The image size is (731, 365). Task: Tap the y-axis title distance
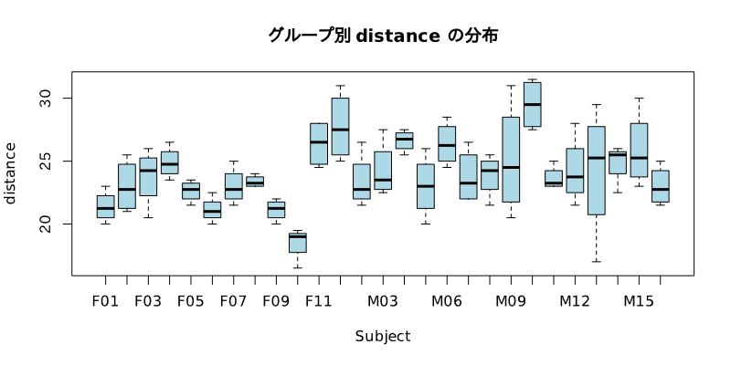tap(10, 173)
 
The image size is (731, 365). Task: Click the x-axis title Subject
tap(383, 336)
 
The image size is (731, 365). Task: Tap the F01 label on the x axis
tap(105, 300)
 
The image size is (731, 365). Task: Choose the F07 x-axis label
tap(233, 300)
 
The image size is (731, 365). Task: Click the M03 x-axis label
tap(383, 300)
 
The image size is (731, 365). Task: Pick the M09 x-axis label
tap(511, 300)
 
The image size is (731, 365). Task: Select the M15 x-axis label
tap(639, 300)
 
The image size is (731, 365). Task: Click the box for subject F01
tap(105, 206)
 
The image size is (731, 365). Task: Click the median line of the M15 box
tap(639, 158)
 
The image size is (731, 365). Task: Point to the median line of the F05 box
tap(191, 189)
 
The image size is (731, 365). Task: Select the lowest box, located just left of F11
tap(297, 243)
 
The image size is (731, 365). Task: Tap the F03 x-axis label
tap(148, 300)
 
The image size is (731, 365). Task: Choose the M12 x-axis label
tap(575, 300)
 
